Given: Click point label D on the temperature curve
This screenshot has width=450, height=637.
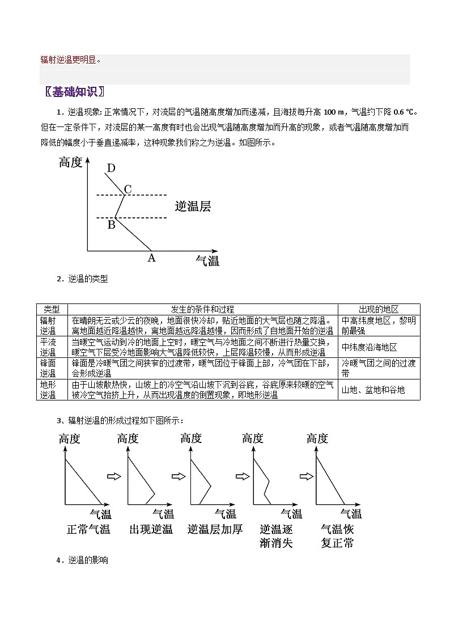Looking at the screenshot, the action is point(111,168).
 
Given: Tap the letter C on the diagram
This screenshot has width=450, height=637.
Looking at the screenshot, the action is point(128,189).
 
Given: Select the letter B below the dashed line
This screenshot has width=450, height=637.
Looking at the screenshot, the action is point(111,225).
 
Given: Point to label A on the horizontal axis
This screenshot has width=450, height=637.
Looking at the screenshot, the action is point(151,258).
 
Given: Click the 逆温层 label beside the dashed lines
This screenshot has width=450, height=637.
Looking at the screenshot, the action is point(193,206).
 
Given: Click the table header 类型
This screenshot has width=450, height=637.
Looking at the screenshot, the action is point(52,309).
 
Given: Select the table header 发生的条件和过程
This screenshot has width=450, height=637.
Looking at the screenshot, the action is point(202,309).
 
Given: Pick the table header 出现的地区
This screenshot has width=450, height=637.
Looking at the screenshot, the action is point(379,309).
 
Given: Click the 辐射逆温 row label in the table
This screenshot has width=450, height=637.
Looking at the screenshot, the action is point(48,326).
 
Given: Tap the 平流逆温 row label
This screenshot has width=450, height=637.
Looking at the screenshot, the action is point(48,347).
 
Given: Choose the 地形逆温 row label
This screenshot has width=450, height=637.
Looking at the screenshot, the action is point(48,390).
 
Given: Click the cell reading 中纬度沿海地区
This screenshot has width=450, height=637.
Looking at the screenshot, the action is point(369,347).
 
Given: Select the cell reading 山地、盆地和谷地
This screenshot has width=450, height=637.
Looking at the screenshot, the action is point(373,390).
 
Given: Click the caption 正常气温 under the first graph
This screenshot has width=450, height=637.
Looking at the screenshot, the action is point(88,529).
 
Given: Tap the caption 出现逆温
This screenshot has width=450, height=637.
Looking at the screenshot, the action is point(151,529).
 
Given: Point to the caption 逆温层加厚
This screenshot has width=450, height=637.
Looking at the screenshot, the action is point(215,529).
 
